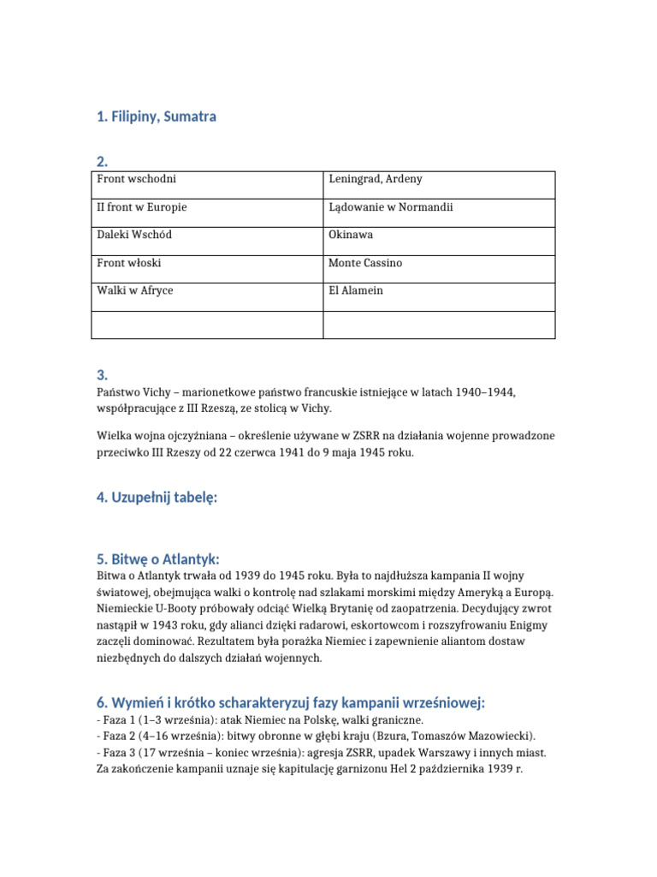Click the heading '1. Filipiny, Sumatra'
[x=157, y=116]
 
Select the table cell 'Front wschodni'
[x=137, y=180]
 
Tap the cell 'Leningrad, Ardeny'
[x=375, y=180]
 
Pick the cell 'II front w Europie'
[x=142, y=208]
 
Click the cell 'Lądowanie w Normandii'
[x=390, y=208]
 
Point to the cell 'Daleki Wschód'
[x=134, y=236]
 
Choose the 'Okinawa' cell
[x=351, y=236]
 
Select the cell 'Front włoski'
[x=129, y=264]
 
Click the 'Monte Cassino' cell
[x=365, y=264]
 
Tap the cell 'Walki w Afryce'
[x=135, y=291]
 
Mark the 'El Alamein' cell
[x=356, y=291]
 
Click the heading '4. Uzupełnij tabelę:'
[x=157, y=496]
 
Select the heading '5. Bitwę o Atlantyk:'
[x=158, y=559]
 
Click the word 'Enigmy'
[x=529, y=626]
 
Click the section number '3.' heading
[x=103, y=374]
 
